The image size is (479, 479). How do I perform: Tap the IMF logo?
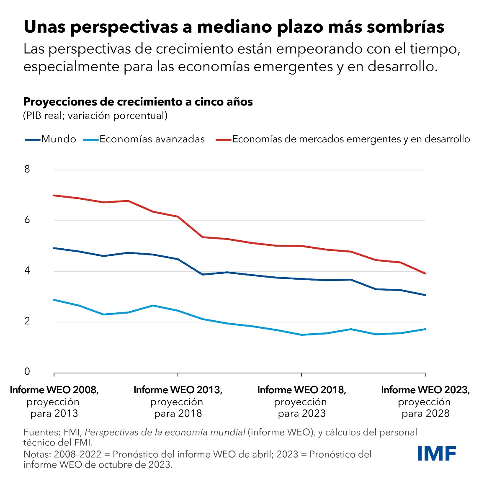point(437,453)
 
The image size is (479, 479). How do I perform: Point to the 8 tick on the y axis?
point(27,170)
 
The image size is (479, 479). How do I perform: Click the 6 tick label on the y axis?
point(27,220)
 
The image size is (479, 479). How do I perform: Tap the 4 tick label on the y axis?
point(27,271)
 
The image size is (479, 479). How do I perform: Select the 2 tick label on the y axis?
point(27,322)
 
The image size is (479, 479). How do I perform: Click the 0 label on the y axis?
point(27,372)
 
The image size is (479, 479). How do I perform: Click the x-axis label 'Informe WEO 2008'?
point(54,390)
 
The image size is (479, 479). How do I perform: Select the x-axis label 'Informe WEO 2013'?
point(178,390)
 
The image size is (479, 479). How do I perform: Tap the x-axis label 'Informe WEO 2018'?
point(301,390)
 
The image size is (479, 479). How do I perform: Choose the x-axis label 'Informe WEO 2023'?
point(425,390)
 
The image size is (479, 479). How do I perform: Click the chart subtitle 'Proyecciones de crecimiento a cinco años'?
point(138,102)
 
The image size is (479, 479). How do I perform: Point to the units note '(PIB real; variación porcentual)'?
point(95,116)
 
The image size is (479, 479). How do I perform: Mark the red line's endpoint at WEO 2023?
point(425,273)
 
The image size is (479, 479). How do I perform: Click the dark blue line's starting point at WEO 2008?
point(54,248)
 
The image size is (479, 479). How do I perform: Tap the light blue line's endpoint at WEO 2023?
point(425,329)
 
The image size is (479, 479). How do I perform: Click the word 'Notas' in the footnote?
point(36,454)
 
